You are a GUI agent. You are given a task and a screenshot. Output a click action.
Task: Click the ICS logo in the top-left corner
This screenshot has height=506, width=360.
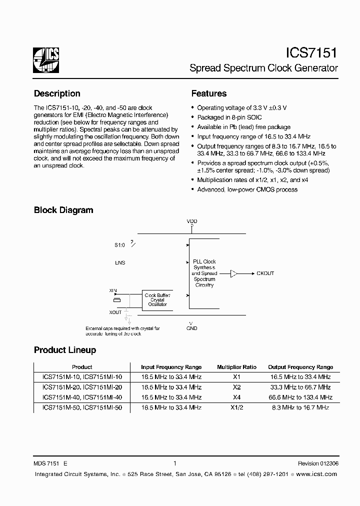coord(46,60)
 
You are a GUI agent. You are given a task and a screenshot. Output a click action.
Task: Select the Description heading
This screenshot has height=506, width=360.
coord(57,93)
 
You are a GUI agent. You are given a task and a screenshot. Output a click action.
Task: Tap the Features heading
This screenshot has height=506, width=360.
coord(209,93)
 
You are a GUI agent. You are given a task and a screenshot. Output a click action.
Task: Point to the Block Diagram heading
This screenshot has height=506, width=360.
coord(63,210)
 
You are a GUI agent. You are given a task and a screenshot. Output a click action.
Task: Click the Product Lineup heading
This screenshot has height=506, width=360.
coord(65,350)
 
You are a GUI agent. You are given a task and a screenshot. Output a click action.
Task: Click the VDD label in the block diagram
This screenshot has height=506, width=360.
coord(192,221)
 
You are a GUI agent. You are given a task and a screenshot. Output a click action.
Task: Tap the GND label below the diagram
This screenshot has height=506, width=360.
coord(192,328)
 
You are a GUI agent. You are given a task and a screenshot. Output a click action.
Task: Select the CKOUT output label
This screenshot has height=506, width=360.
coord(265,273)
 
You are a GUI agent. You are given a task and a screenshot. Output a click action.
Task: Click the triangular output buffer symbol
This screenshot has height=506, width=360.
coord(234,273)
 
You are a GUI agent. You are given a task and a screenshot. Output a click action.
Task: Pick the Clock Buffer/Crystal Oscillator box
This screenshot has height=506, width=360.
coord(157,300)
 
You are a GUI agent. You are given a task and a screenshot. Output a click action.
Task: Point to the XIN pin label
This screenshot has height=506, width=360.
coord(113,290)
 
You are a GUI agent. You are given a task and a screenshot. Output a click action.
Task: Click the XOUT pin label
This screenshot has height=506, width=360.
coord(115,312)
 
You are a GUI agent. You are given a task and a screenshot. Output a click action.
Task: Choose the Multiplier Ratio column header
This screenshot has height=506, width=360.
coord(236,367)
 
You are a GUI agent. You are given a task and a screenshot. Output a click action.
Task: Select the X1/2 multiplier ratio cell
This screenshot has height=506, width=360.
coord(236,408)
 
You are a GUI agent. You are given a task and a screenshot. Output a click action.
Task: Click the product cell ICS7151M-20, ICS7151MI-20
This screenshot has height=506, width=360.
coord(82,387)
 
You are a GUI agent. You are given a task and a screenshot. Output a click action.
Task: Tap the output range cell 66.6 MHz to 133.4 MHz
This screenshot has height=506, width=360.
coord(300,397)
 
